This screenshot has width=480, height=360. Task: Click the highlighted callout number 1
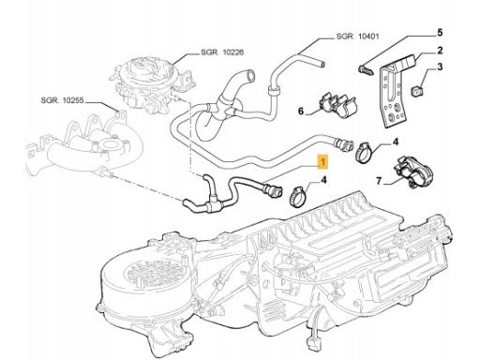click(322, 162)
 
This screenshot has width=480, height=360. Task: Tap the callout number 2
click(440, 50)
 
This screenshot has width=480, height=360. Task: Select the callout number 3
click(440, 67)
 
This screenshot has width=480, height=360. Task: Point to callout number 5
click(440, 32)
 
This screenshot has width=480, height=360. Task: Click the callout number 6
click(301, 111)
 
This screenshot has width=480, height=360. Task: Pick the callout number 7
click(379, 181)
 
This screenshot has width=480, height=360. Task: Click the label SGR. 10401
click(357, 37)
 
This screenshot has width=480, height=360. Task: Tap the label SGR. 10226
click(222, 52)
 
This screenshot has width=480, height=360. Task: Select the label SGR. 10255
click(62, 100)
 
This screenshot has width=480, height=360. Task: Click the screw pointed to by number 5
click(367, 70)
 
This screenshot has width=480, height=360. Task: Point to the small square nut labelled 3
click(416, 92)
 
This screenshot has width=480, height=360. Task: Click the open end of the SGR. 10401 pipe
click(322, 64)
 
